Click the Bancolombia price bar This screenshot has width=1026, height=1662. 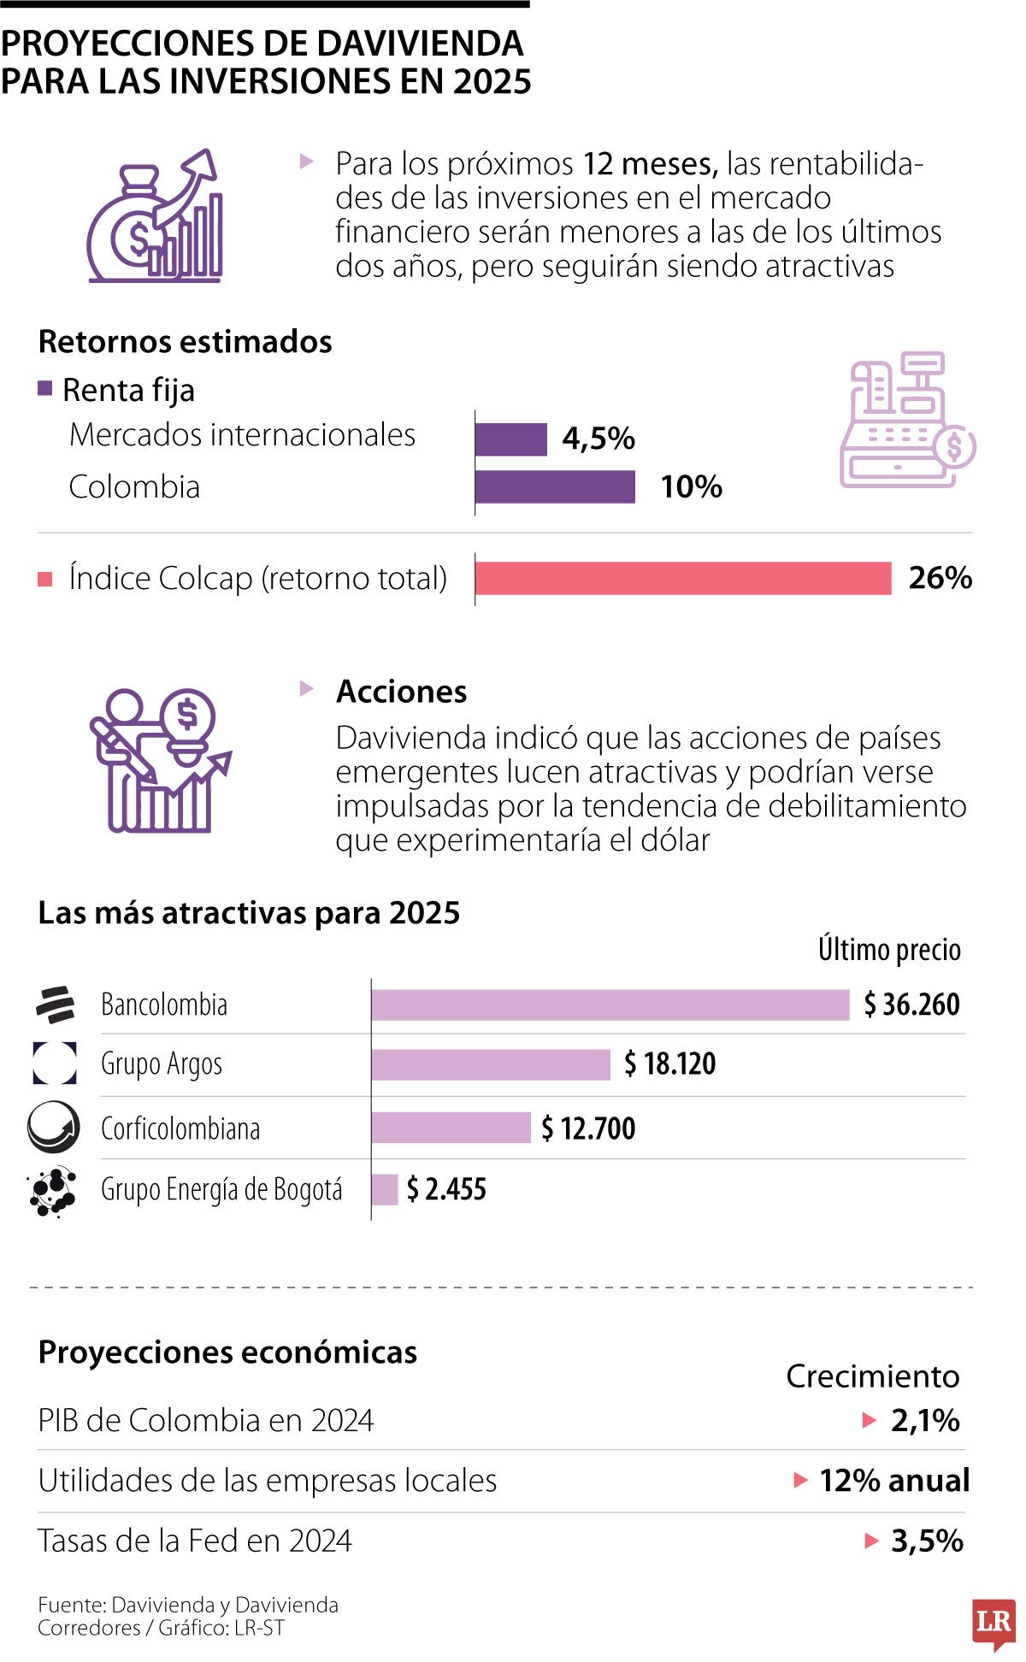(x=610, y=1005)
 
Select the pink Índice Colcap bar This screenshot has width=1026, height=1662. (x=682, y=578)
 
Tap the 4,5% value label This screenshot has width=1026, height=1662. (x=598, y=439)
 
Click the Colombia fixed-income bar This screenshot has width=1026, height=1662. (x=555, y=487)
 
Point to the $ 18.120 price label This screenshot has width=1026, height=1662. (x=670, y=1064)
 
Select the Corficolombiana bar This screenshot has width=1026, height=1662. (x=451, y=1128)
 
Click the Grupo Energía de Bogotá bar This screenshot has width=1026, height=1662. (x=385, y=1189)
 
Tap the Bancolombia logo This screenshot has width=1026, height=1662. (x=55, y=1005)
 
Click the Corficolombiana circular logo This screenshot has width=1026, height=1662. (x=53, y=1128)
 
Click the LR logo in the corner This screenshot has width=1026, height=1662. (x=993, y=1622)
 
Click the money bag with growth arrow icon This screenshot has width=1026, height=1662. (x=156, y=217)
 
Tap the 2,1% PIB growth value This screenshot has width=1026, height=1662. (x=925, y=1421)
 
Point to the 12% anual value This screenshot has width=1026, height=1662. (x=894, y=1481)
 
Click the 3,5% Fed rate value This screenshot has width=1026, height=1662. (x=927, y=1541)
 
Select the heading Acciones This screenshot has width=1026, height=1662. (x=401, y=691)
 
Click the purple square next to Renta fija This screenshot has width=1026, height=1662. (x=45, y=389)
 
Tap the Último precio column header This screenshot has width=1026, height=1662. (x=889, y=950)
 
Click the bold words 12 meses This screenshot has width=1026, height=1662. (x=650, y=163)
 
